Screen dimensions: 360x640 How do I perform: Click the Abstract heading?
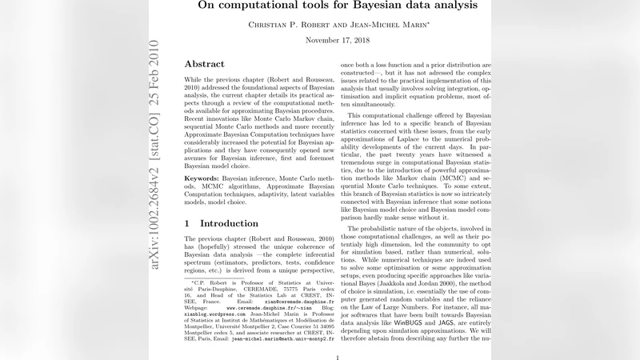pyautogui.click(x=210, y=64)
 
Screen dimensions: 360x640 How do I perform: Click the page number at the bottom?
pyautogui.click(x=339, y=358)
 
